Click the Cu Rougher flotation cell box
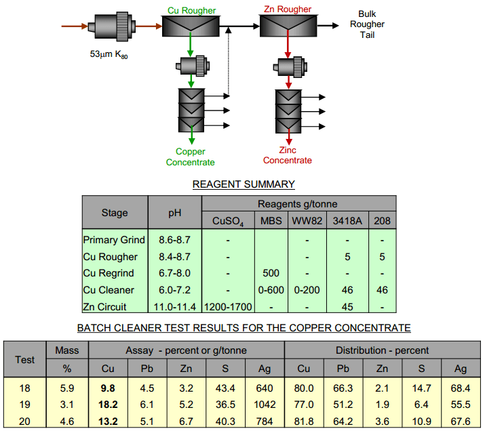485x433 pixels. (191, 26)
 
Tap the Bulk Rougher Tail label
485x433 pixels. (372, 24)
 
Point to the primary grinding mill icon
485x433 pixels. (109, 27)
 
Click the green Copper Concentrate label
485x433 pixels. (191, 157)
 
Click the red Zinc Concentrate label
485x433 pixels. (288, 155)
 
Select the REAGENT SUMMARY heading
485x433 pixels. (244, 184)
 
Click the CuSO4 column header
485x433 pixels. (228, 221)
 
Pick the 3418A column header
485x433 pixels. (347, 221)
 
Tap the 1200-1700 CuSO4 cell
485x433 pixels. (228, 306)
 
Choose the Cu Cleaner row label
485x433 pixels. (109, 290)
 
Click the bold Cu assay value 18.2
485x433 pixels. (109, 405)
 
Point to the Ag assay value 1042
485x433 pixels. (265, 405)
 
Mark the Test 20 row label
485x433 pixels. (25, 421)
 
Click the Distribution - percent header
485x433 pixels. (382, 350)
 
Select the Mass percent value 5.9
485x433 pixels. (66, 388)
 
